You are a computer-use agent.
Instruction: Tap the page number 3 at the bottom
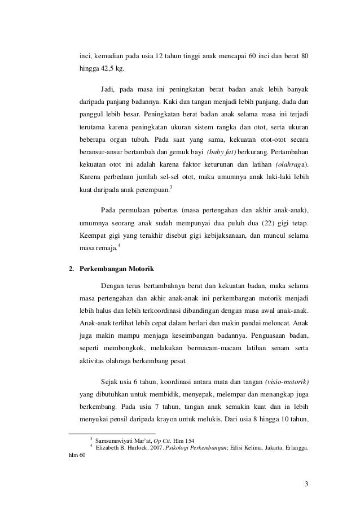[306, 483]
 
